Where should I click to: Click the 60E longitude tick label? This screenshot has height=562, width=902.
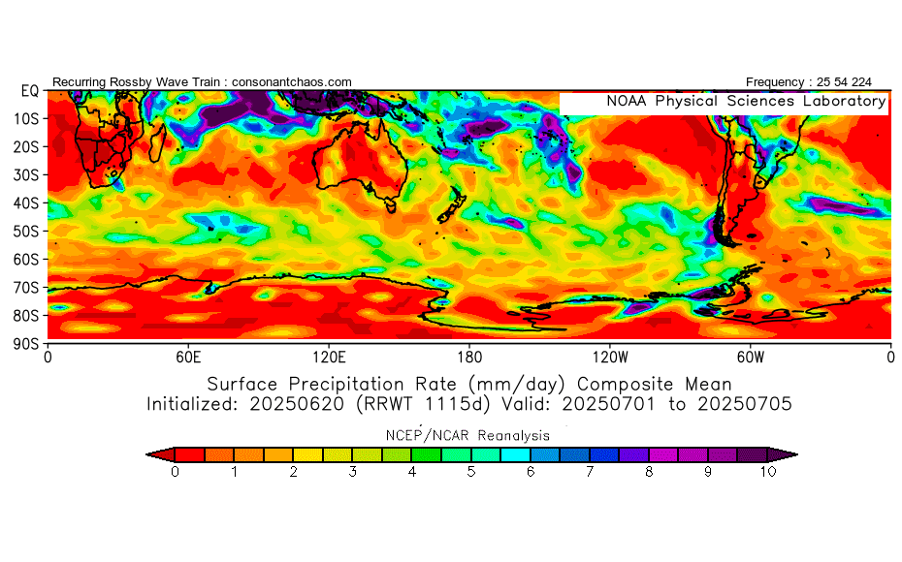click(188, 358)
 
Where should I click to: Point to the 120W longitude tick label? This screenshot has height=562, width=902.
click(610, 358)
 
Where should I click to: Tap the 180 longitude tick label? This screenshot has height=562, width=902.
click(469, 358)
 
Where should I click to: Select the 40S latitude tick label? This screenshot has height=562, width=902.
click(26, 203)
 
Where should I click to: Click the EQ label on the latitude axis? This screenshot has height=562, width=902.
click(30, 91)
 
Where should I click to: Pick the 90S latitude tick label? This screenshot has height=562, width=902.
click(26, 344)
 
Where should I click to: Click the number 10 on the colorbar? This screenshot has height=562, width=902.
click(768, 472)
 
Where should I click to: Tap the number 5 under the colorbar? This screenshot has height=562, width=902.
click(471, 472)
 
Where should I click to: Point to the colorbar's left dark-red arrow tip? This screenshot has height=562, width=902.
click(147, 454)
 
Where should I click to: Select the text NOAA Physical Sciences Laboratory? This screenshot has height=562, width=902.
click(746, 101)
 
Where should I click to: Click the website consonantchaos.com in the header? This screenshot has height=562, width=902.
click(292, 82)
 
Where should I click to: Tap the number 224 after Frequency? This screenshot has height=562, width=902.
click(861, 82)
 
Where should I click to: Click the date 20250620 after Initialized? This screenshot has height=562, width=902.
click(297, 404)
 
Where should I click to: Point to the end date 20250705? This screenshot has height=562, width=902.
click(745, 404)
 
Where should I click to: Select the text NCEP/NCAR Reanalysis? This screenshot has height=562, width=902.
click(467, 436)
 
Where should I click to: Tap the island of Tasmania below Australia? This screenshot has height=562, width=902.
click(391, 204)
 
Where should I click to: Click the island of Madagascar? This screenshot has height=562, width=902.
click(158, 142)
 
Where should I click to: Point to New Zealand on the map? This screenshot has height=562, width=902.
click(452, 205)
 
